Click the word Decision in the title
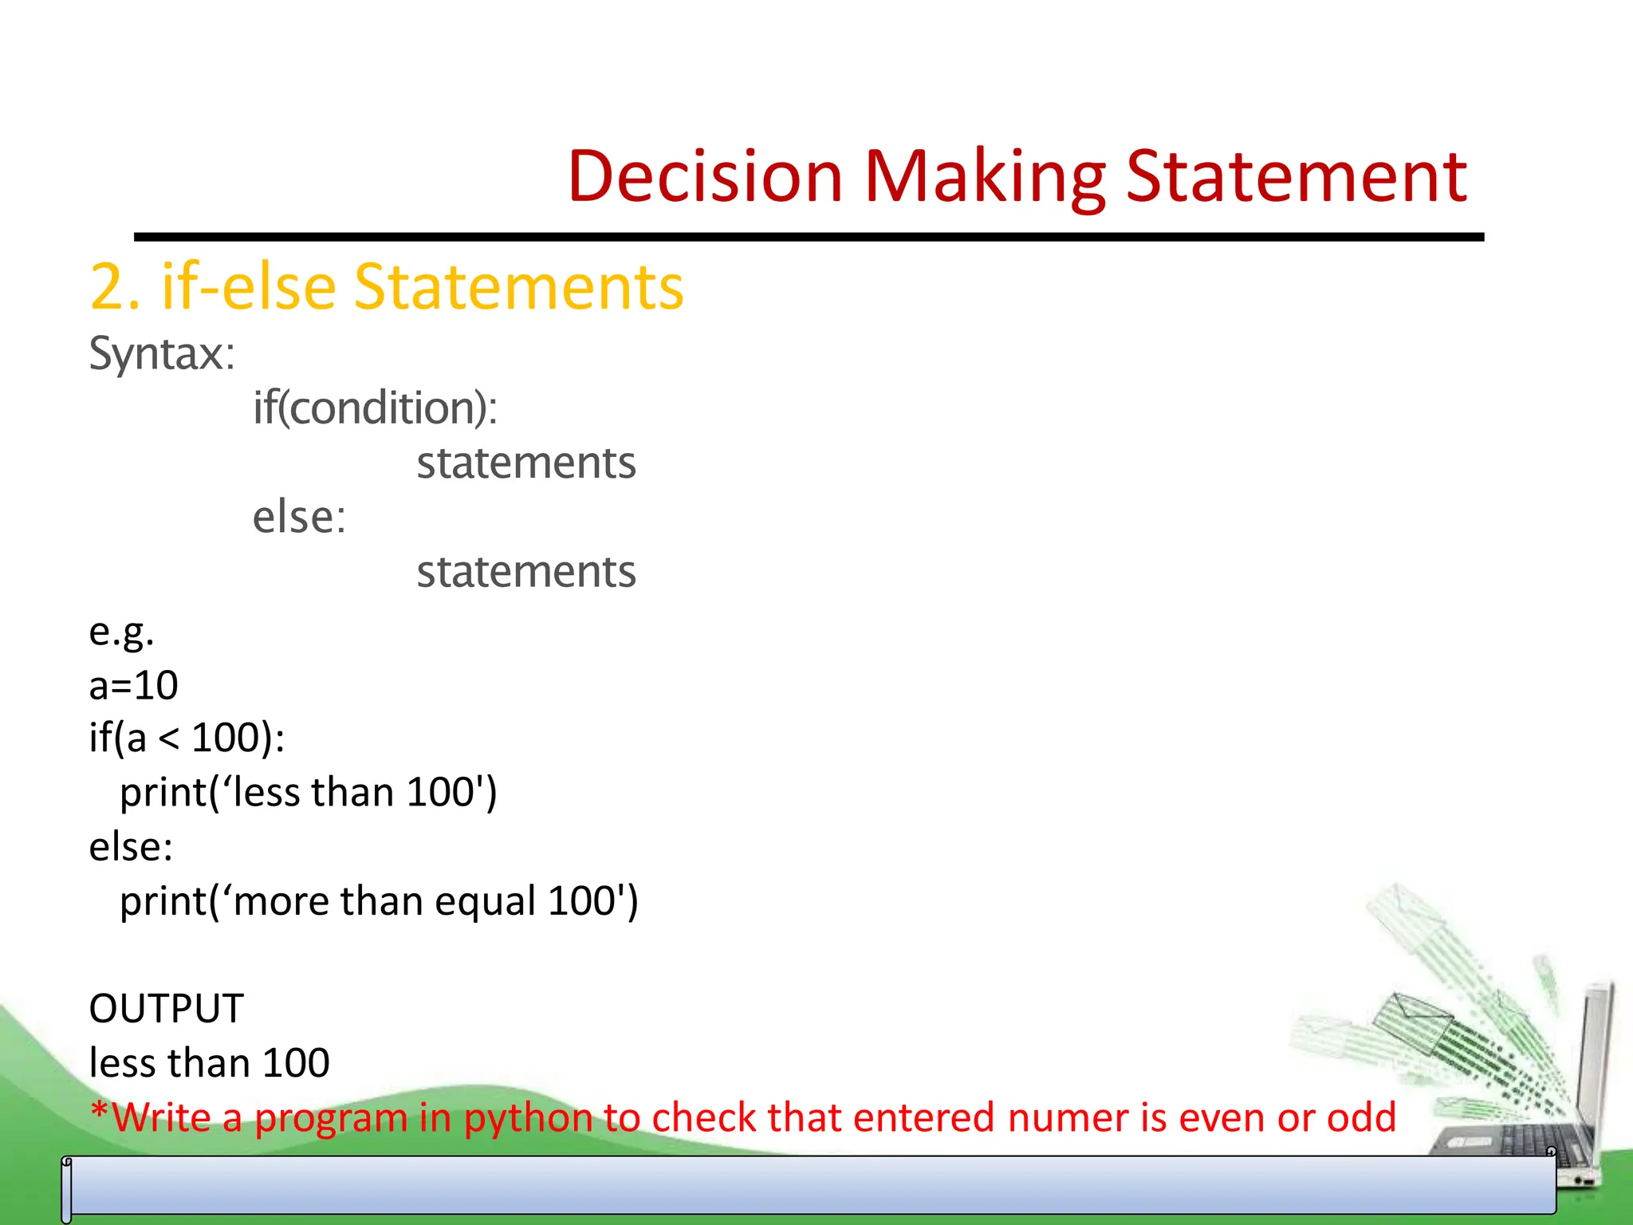pyautogui.click(x=705, y=176)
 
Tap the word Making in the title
pyautogui.click(x=984, y=176)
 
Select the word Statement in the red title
pyautogui.click(x=1296, y=176)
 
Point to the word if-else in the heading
pyautogui.click(x=248, y=287)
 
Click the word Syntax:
pyautogui.click(x=162, y=353)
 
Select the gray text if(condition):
pyautogui.click(x=375, y=408)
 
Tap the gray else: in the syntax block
pyautogui.click(x=299, y=517)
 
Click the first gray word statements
pyautogui.click(x=526, y=463)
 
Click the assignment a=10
pyautogui.click(x=133, y=685)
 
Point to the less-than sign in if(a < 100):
pyautogui.click(x=168, y=739)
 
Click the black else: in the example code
pyautogui.click(x=131, y=846)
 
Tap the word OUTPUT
pyautogui.click(x=166, y=1008)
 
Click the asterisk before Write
pyautogui.click(x=99, y=1110)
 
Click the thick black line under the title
pyautogui.click(x=809, y=237)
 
